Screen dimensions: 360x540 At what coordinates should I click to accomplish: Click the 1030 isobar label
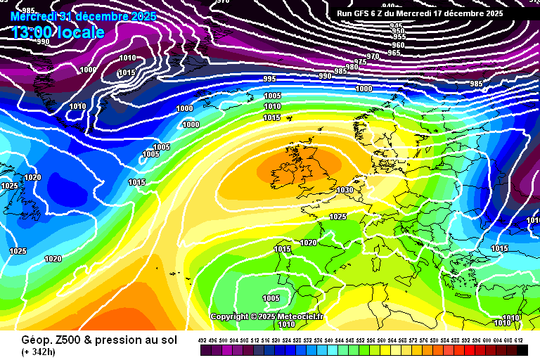pyautogui.click(x=345, y=190)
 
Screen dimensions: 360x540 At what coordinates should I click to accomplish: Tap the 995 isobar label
pyautogui.click(x=270, y=79)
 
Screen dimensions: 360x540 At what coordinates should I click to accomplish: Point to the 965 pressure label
pyautogui.click(x=394, y=53)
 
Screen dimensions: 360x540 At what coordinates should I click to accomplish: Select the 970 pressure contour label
pyautogui.click(x=373, y=56)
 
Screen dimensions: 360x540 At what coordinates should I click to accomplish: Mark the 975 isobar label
pyautogui.click(x=360, y=62)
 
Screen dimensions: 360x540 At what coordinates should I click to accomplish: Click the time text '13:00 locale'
pyautogui.click(x=58, y=32)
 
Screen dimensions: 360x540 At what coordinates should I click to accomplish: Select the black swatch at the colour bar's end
pyautogui.click(x=522, y=349)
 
